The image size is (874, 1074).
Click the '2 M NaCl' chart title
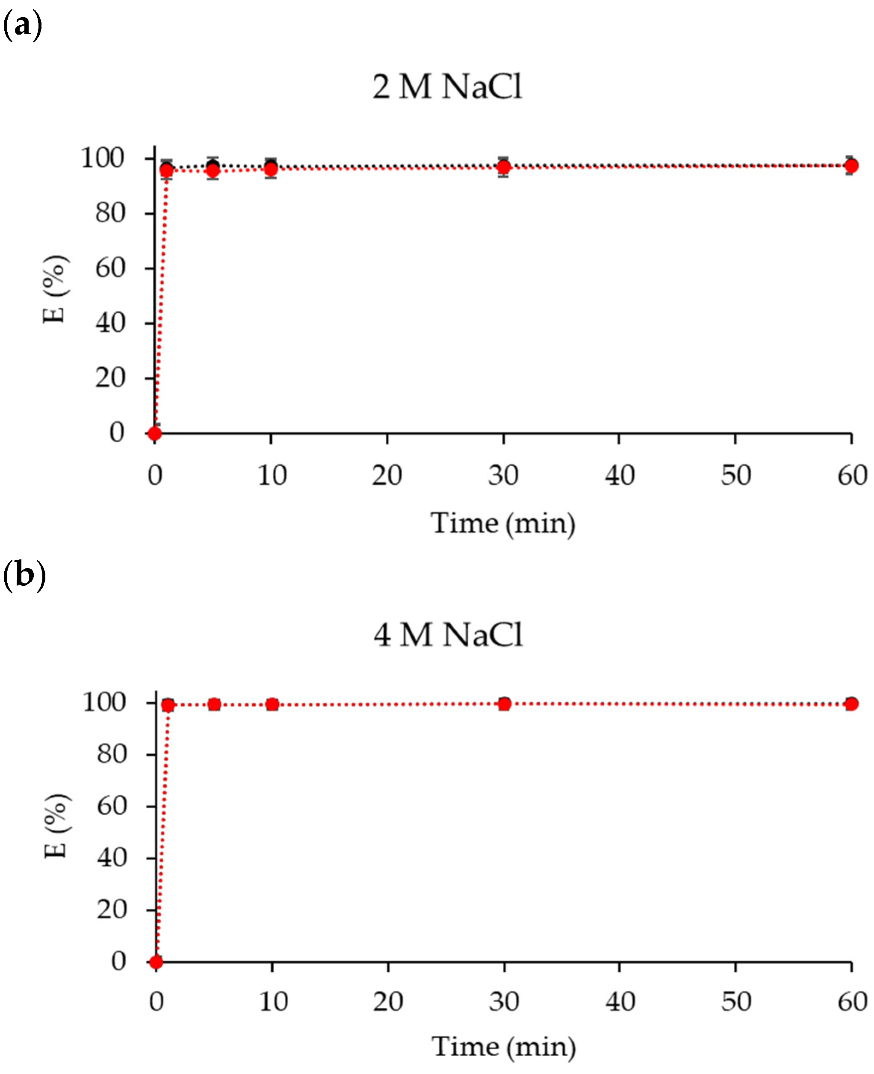447,87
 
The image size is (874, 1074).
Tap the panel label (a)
22,25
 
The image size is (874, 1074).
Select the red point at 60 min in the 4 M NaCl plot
851,703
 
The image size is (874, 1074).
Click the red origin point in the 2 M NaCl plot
154,433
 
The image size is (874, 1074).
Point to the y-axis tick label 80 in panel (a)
110,213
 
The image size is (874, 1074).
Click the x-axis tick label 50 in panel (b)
735,1001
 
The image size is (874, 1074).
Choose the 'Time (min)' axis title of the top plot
502,524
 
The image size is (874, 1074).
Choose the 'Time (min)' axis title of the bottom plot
503,1048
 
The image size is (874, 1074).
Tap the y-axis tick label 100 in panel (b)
104,702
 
